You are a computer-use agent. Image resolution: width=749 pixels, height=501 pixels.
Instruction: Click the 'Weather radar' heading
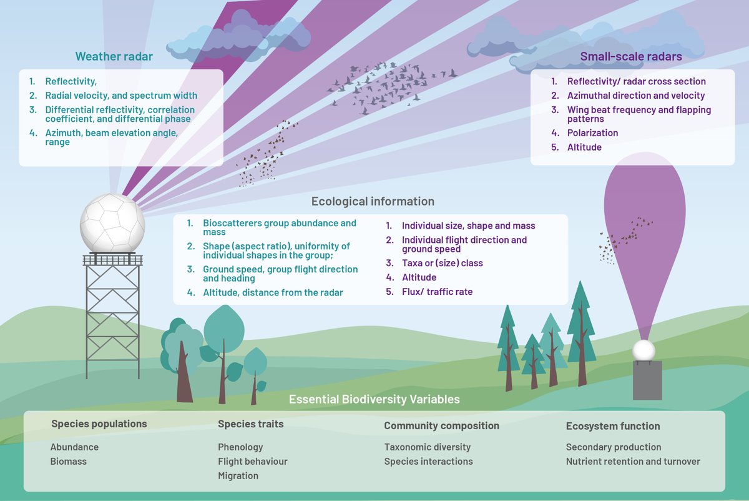coord(114,57)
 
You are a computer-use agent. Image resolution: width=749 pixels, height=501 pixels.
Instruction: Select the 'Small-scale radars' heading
coord(631,57)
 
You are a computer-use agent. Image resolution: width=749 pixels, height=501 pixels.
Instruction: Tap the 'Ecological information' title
coord(373,202)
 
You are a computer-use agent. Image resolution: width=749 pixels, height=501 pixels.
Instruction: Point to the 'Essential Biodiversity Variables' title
coord(374,399)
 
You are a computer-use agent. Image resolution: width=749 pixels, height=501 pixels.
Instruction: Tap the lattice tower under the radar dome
coord(113,312)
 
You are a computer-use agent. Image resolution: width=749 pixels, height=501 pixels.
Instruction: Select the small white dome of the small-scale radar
coord(644,350)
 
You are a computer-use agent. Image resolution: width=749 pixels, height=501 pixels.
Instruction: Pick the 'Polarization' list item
coord(592,133)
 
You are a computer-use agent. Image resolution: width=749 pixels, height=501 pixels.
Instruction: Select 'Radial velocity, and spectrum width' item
coord(121,96)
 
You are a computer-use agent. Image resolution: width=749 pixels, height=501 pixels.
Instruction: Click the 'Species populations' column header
coord(99,424)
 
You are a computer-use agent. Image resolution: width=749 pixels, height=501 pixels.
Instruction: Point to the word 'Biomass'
coord(68,462)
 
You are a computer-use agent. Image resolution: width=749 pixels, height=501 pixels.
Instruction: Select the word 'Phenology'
coord(240,447)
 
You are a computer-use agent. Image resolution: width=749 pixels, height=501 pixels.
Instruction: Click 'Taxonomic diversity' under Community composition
coord(427,447)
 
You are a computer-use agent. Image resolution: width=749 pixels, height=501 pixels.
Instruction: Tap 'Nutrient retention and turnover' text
coord(633,462)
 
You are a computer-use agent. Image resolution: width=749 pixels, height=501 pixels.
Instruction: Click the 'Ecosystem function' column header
coord(612,426)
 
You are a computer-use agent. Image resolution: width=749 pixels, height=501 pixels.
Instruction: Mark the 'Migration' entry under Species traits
coord(238,476)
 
